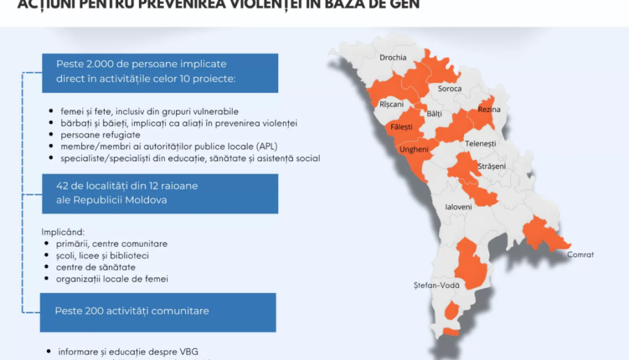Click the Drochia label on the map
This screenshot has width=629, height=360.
click(x=393, y=58)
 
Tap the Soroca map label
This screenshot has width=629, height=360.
click(x=449, y=89)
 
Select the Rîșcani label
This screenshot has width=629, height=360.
click(x=391, y=104)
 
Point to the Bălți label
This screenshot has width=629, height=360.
click(x=434, y=113)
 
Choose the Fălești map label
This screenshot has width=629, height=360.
click(x=402, y=127)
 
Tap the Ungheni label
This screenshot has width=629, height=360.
click(x=413, y=150)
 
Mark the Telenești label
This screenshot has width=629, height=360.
click(x=480, y=143)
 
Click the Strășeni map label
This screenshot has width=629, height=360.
click(x=492, y=166)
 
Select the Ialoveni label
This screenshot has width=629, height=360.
click(x=458, y=207)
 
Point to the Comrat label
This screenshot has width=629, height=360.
click(x=580, y=254)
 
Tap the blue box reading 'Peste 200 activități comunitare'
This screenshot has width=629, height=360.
click(x=158, y=312)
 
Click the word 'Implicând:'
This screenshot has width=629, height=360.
click(x=64, y=231)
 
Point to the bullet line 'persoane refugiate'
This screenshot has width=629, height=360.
click(x=100, y=134)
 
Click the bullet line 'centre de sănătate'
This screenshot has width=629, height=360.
click(x=96, y=267)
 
